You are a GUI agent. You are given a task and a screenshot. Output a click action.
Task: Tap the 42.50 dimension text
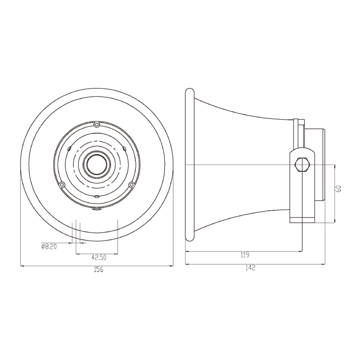pyautogui.click(x=99, y=258)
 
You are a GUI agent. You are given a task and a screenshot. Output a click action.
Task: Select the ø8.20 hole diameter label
pyautogui.click(x=49, y=247)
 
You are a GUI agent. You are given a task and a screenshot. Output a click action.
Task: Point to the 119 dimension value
pyautogui.click(x=245, y=255)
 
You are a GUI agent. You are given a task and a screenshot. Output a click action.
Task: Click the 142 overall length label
pyautogui.click(x=250, y=268)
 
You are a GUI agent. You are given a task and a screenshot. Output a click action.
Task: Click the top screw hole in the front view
pyautogui.click(x=97, y=125)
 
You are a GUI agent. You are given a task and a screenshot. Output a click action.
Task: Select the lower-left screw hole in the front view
pyautogui.click(x=62, y=184)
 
